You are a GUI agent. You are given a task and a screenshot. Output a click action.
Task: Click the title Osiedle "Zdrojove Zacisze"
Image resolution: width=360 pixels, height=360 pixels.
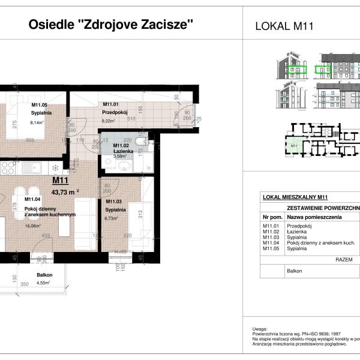112,25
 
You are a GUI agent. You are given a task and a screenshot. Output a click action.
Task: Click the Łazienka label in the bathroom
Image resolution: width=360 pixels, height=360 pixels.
122,151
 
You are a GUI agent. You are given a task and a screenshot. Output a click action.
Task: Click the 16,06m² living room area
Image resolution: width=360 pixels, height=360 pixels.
32,227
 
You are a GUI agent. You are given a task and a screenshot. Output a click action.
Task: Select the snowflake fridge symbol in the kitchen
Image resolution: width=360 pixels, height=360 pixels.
55,167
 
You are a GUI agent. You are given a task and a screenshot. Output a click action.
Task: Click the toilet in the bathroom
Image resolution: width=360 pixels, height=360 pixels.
140,142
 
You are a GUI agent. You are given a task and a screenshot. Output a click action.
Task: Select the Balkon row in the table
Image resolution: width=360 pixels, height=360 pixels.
295,271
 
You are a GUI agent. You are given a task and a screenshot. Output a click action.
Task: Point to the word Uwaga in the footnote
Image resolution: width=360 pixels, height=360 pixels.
259,329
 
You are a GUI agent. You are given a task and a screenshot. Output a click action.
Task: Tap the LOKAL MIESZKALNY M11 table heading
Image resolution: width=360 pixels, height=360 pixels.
295,197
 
